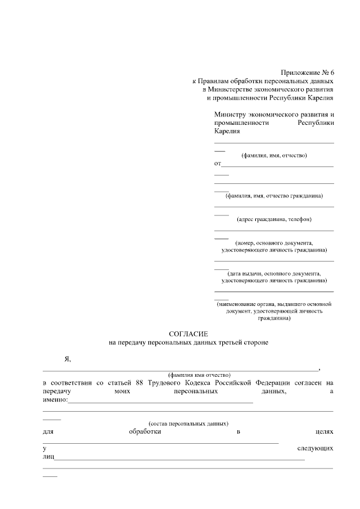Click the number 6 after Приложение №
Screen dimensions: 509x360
(331, 73)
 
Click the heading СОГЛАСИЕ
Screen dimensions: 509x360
(188, 334)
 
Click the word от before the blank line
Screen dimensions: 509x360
(218, 164)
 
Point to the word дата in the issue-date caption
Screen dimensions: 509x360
(237, 273)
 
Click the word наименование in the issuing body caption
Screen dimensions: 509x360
(239, 304)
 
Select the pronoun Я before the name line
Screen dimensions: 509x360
(67, 359)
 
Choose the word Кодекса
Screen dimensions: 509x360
(208, 382)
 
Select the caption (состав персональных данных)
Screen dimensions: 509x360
(188, 423)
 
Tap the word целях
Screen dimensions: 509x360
(325, 431)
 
